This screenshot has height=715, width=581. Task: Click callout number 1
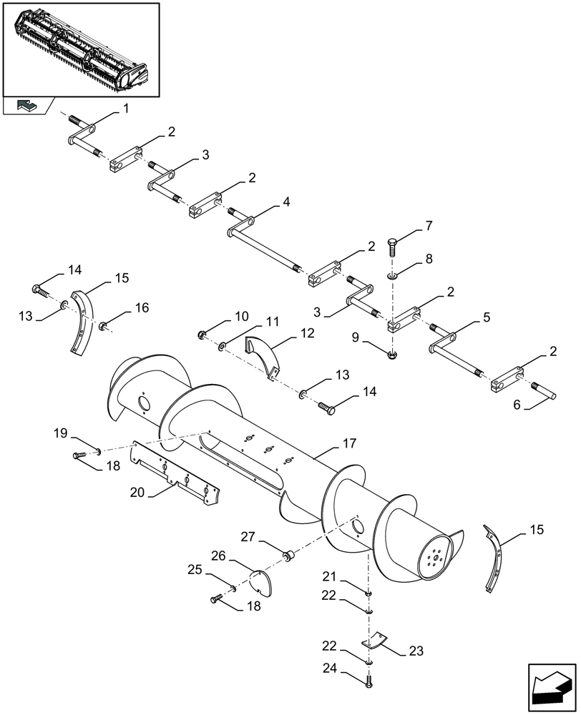coord(126,109)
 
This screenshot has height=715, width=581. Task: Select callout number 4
coord(286,202)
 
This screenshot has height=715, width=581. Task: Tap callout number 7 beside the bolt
coord(429,227)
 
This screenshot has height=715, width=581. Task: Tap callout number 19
coord(60,433)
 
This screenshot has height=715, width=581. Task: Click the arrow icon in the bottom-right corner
coord(552,686)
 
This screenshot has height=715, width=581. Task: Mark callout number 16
coord(142,307)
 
